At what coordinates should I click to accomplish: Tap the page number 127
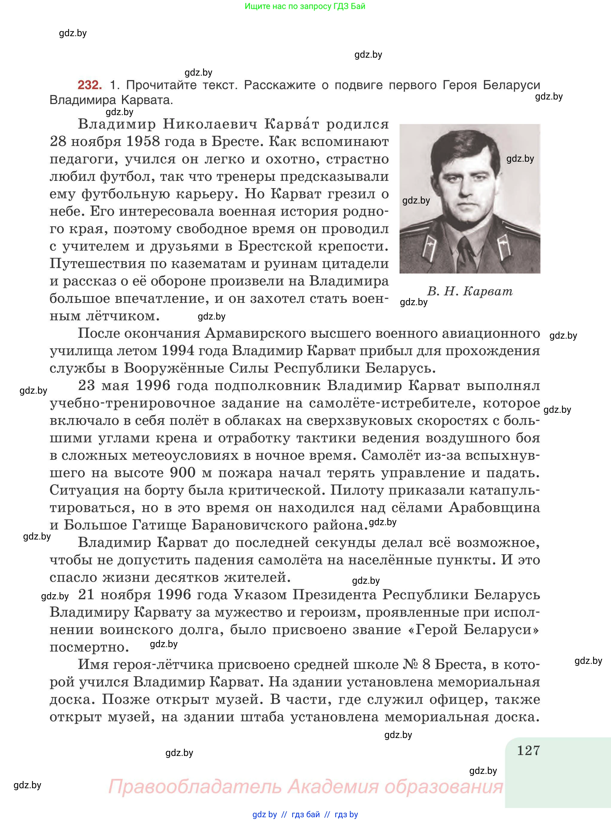[x=528, y=751]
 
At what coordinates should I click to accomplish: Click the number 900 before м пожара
[x=183, y=473]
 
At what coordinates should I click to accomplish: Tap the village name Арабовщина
[x=494, y=508]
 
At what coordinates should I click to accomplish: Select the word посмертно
[x=89, y=647]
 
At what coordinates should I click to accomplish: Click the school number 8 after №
[x=426, y=664]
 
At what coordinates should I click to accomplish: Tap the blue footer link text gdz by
[x=264, y=815]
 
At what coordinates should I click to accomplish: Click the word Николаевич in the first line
[x=210, y=124]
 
